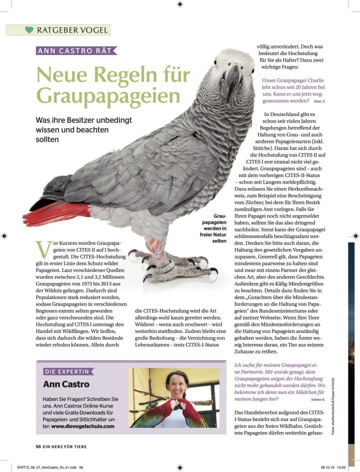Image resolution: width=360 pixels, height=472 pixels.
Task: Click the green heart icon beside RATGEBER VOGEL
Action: pos(29,29)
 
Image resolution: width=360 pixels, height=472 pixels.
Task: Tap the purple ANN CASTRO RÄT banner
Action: pos(76,50)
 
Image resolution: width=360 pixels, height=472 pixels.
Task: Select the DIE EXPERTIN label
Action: pos(67,371)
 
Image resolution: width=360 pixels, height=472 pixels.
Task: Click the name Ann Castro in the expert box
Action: pos(66,384)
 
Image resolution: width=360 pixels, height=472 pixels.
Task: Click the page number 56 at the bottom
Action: pos(38,446)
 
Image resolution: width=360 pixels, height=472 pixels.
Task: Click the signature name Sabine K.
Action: pos(317,400)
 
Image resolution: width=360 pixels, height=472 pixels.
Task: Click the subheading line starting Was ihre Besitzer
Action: pos(84,120)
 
